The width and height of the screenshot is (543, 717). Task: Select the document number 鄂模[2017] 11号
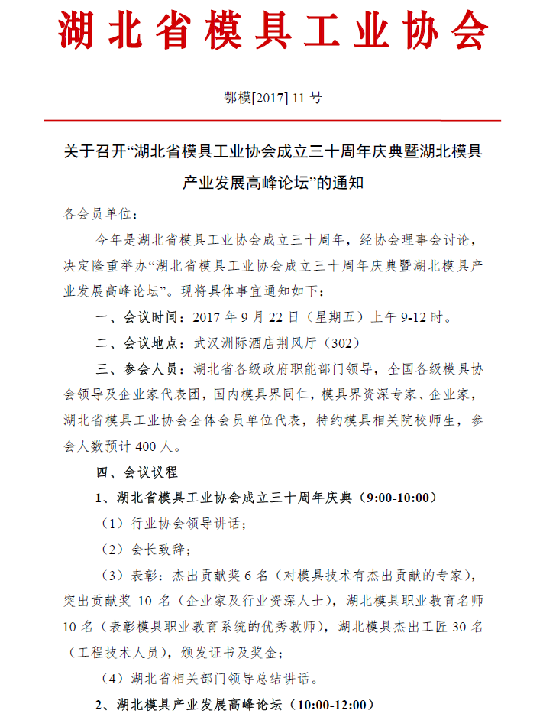click(273, 97)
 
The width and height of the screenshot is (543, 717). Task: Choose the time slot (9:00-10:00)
click(401, 498)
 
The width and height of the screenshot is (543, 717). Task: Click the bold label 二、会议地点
click(140, 343)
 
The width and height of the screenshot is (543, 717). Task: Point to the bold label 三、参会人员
click(140, 369)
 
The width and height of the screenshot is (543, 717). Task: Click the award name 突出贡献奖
click(95, 601)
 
